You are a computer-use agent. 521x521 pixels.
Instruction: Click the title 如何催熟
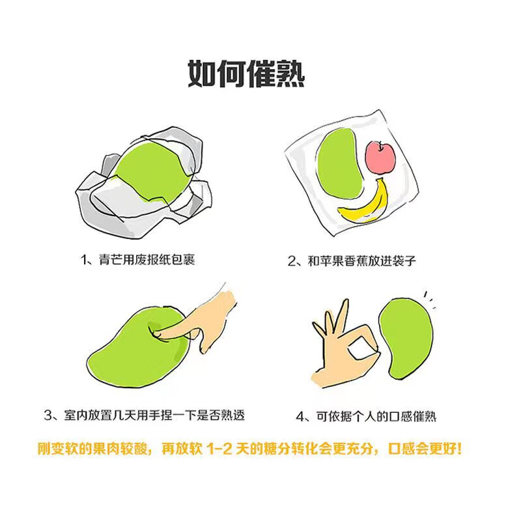pos(246,74)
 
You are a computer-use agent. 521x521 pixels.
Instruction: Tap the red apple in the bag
pos(380,158)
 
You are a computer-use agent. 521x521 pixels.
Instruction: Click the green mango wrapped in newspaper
pos(151,171)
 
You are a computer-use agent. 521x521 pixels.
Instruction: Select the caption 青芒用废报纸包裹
pos(147,260)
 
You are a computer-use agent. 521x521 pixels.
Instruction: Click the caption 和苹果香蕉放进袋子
pos(362,261)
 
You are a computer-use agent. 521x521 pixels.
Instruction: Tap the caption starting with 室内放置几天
pos(154,415)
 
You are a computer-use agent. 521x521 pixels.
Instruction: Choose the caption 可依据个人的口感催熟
pos(376,416)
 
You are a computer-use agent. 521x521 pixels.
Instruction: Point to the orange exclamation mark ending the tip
pos(459,449)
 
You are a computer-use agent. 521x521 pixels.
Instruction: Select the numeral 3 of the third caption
pos(48,415)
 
